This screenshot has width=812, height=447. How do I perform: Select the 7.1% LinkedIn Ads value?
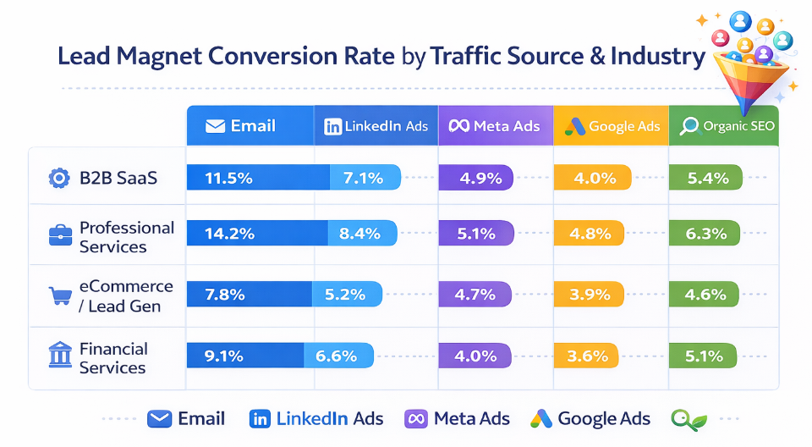363,178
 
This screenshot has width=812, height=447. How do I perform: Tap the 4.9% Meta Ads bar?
475,178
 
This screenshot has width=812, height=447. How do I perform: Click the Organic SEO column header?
724,126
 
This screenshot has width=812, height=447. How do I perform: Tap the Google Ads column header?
611,126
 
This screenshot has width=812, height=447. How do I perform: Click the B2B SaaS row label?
118,178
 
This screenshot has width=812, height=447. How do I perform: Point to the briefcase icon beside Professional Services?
59,236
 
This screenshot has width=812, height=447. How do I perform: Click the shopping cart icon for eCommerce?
59,295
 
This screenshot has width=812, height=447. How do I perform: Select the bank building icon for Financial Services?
59,356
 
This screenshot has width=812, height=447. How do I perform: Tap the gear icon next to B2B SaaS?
58,178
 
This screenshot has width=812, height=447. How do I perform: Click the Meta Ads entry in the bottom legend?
458,418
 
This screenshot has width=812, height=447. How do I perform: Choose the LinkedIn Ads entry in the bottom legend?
316,418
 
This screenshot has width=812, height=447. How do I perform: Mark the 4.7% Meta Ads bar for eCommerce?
475,295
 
